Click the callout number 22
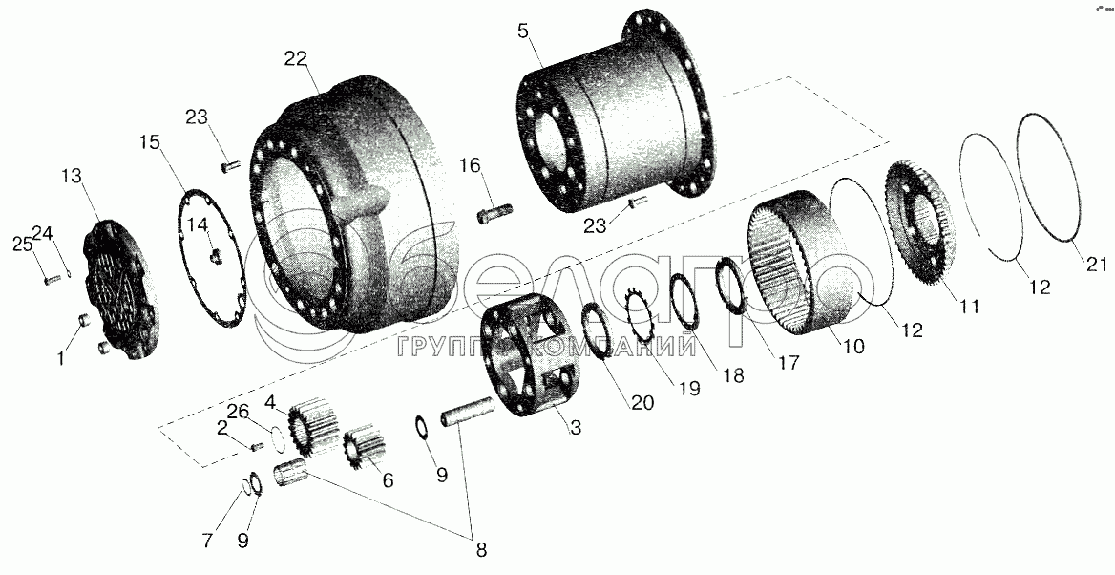click(295, 59)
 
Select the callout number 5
click(524, 32)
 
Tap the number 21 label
click(1096, 264)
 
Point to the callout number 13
click(72, 176)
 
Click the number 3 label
click(576, 428)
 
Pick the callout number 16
click(470, 166)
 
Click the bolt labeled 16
click(494, 213)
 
